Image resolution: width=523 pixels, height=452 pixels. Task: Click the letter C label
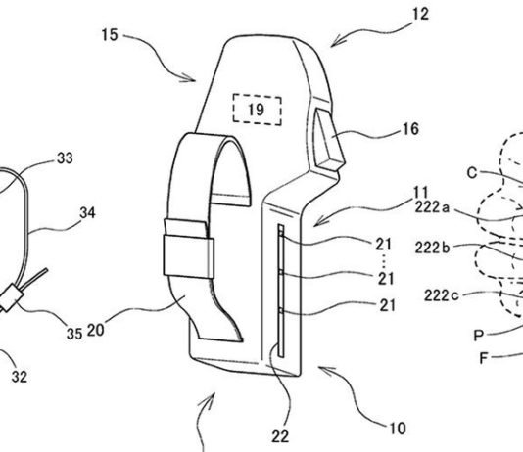pyautogui.click(x=471, y=172)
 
